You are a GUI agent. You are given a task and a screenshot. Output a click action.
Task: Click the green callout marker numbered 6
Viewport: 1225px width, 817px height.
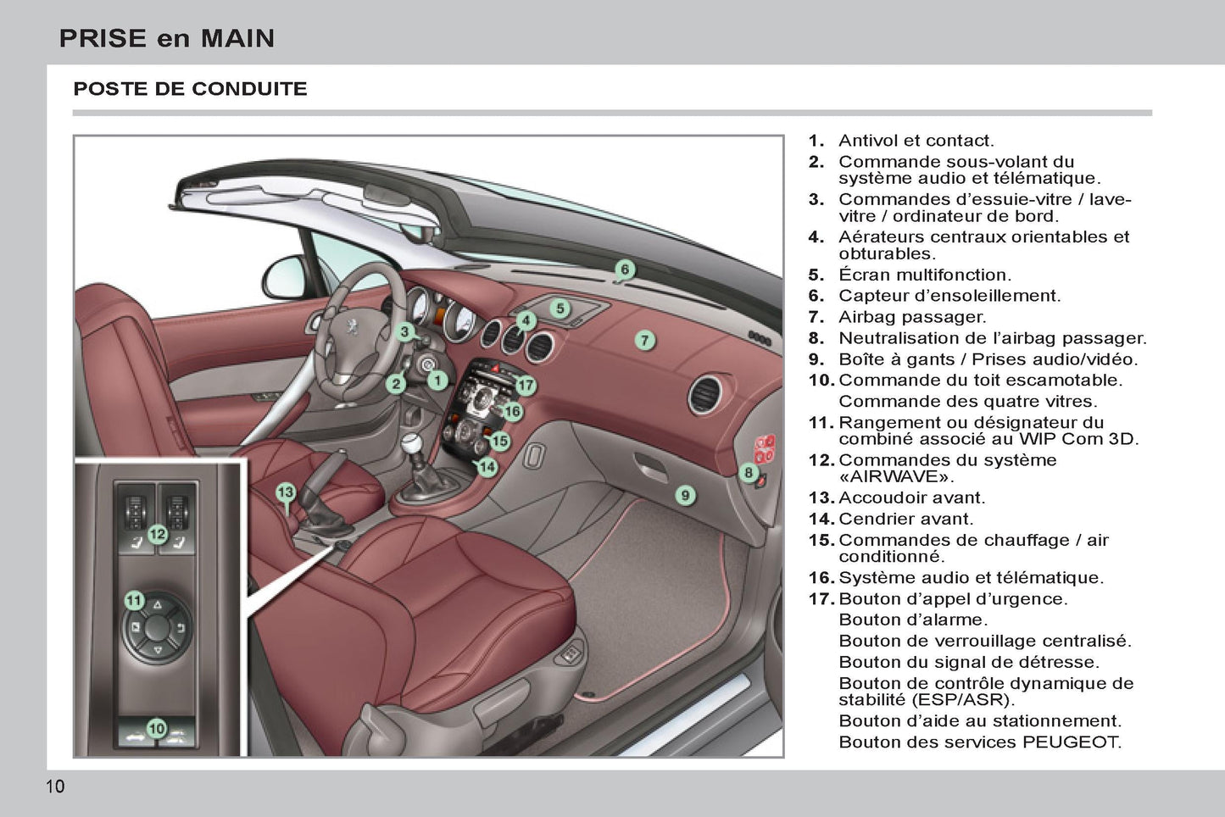pyautogui.click(x=625, y=270)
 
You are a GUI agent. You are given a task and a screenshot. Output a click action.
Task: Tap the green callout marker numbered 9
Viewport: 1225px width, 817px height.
pyautogui.click(x=685, y=496)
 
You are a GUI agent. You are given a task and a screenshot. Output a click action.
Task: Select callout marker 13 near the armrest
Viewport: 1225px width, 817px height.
pyautogui.click(x=285, y=492)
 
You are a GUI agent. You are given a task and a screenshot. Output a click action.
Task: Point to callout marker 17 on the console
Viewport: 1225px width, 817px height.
pyautogui.click(x=526, y=386)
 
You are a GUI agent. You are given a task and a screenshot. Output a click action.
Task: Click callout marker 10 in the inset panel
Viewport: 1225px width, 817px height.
pyautogui.click(x=157, y=729)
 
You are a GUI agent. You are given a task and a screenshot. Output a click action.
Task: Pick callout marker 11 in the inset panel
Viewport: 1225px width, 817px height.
pyautogui.click(x=134, y=601)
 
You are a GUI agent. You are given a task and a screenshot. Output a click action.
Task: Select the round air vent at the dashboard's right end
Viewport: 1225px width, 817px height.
pyautogui.click(x=705, y=395)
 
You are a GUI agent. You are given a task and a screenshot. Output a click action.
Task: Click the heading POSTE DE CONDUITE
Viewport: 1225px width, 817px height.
pyautogui.click(x=190, y=89)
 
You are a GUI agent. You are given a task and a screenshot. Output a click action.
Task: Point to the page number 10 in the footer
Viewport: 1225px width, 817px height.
pyautogui.click(x=54, y=786)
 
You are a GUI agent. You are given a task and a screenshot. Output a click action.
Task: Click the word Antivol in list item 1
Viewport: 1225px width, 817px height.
pyautogui.click(x=868, y=141)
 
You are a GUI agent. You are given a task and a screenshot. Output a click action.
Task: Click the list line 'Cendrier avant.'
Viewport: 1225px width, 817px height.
pyautogui.click(x=905, y=519)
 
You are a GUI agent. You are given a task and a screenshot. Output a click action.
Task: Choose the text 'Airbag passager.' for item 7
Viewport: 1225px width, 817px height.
pyautogui.click(x=912, y=317)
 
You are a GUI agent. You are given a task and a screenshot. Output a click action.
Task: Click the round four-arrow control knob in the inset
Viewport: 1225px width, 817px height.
pyautogui.click(x=159, y=628)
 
